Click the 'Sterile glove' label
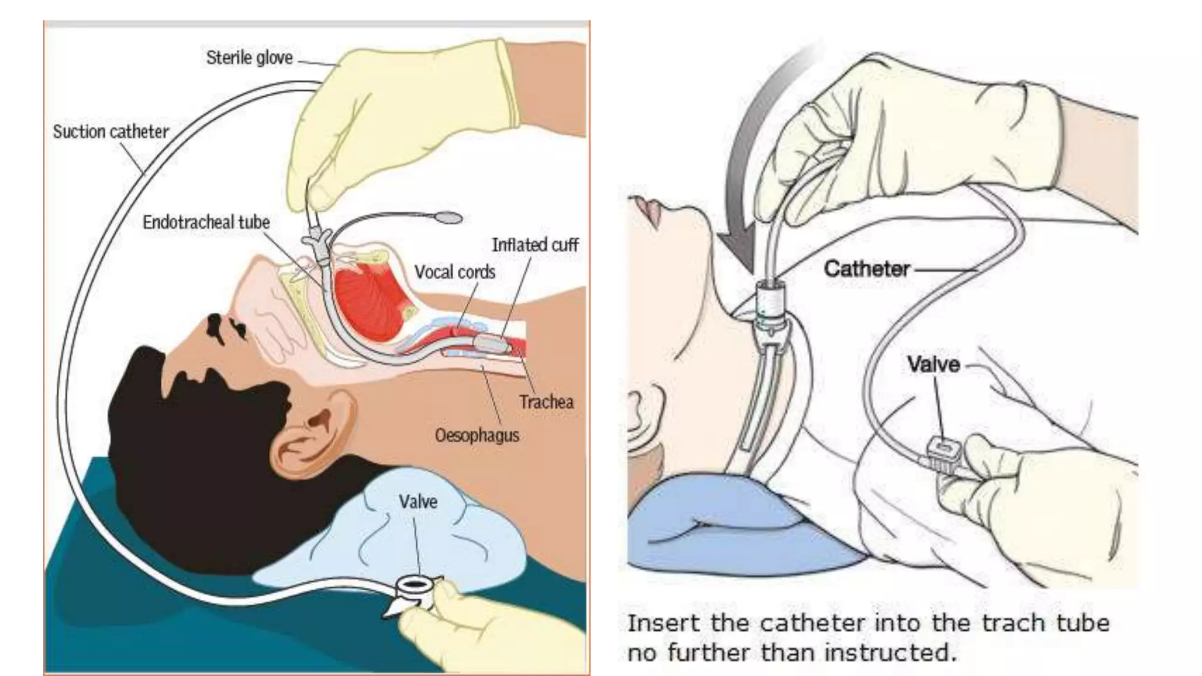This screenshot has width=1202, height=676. click(249, 58)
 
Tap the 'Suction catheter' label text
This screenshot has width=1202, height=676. click(111, 131)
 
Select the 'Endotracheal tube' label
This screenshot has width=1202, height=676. click(206, 222)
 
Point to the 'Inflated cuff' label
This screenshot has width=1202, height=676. click(535, 245)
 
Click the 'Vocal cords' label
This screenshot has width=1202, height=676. click(455, 272)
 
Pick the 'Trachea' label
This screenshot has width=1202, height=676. click(546, 402)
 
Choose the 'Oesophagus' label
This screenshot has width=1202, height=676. click(477, 435)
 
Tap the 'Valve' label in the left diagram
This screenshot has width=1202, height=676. click(418, 502)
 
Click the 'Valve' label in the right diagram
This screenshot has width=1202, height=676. click(933, 364)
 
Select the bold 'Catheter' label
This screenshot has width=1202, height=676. click(867, 269)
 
